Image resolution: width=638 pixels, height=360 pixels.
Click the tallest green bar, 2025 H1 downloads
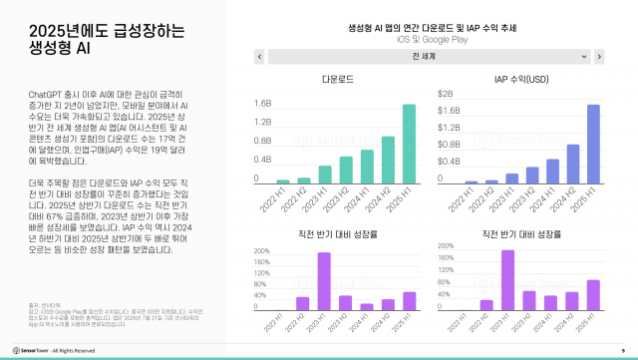[x=409, y=145]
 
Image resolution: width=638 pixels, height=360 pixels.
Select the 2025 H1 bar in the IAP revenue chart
[x=593, y=145]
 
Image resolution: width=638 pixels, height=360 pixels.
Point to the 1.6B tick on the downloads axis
[x=263, y=103]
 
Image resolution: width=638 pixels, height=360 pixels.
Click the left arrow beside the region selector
[x=259, y=57]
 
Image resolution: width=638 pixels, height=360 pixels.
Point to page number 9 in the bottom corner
[x=621, y=350]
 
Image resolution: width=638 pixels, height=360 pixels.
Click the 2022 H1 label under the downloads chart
[x=281, y=204]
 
